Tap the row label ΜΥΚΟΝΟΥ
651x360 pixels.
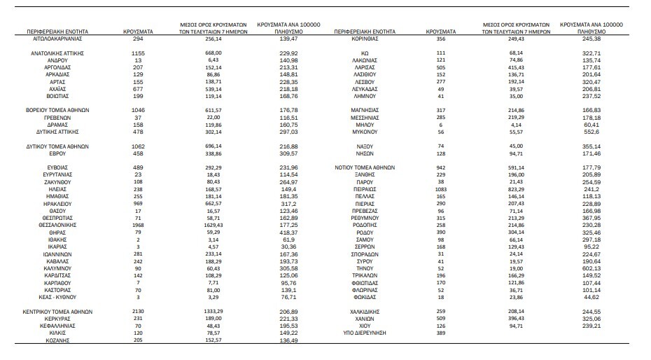365,132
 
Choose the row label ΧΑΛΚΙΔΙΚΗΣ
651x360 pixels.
365,310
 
